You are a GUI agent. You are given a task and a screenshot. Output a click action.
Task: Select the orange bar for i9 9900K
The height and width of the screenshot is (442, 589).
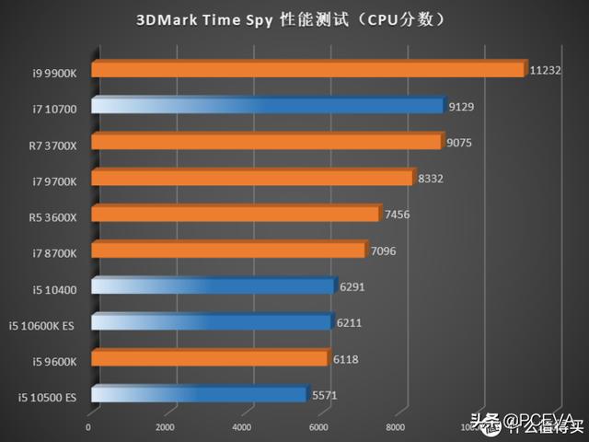tap(308, 70)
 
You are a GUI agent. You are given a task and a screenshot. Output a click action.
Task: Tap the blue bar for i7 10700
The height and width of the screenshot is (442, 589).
tap(267, 106)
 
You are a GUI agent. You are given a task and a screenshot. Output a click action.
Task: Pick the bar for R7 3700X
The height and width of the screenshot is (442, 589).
tap(265, 142)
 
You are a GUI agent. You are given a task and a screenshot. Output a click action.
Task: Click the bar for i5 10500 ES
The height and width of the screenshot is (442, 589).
tap(198, 395)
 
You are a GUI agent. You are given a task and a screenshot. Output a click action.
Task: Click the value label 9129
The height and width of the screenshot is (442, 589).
tap(461, 106)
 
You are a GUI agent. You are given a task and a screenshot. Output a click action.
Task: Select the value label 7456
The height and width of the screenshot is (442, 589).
tap(398, 214)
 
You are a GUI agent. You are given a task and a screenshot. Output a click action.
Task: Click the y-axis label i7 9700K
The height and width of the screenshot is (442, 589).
tap(53, 179)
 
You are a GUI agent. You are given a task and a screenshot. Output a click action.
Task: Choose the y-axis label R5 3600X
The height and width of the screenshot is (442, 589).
tap(53, 215)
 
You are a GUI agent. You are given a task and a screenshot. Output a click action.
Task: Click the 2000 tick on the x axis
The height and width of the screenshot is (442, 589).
tap(165, 427)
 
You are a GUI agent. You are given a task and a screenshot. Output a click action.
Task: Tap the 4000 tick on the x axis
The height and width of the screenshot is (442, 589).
tap(241, 427)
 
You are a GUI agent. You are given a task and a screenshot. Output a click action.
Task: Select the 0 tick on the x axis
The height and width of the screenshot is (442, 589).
tap(88, 427)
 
